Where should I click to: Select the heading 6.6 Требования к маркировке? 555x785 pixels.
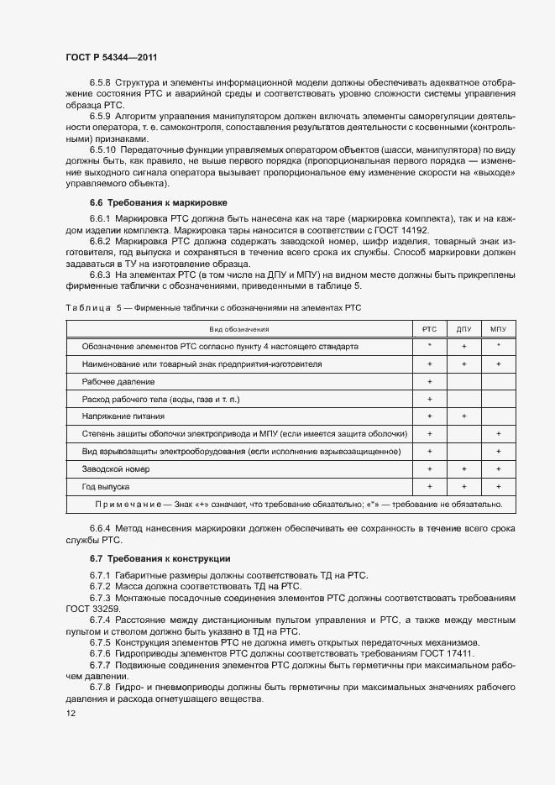pos(158,203)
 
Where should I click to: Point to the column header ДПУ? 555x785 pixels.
pos(463,328)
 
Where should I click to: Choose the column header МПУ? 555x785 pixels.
pos(499,328)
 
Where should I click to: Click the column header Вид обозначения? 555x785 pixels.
pos(239,328)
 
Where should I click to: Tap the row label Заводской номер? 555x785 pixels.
pos(116,468)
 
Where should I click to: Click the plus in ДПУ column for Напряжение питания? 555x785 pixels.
pos(463,416)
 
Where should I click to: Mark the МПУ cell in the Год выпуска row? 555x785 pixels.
pos(499,486)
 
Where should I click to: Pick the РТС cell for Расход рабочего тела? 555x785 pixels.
pos(429,399)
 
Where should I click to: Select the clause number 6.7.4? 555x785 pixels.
pos(101,620)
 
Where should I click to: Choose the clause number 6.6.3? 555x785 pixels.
pos(101,274)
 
